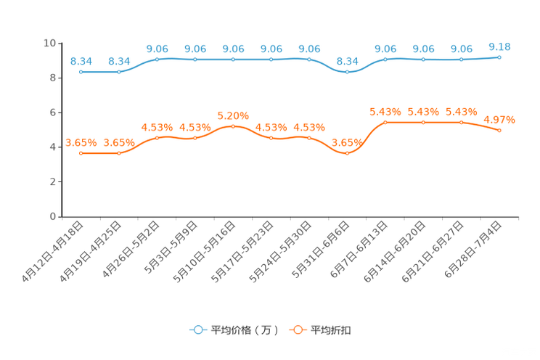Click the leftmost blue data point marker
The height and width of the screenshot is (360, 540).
(x=81, y=72)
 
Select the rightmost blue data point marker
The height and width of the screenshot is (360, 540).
(x=499, y=57)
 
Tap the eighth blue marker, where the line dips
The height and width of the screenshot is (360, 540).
(x=347, y=72)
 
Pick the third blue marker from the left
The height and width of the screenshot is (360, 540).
(x=157, y=59)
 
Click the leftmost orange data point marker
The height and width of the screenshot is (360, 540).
(x=81, y=153)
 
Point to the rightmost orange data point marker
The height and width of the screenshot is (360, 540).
(x=499, y=130)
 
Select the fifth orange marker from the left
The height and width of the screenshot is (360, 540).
(x=233, y=126)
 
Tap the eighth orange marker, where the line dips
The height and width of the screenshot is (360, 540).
(x=347, y=153)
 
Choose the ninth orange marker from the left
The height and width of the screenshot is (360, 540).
(x=385, y=122)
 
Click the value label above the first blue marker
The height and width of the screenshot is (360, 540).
(x=81, y=61)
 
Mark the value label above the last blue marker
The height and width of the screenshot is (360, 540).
(x=499, y=46)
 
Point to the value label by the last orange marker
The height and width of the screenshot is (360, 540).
(x=500, y=119)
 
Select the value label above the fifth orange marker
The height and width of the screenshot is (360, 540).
(x=233, y=115)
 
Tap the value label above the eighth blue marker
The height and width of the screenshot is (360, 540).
(x=347, y=61)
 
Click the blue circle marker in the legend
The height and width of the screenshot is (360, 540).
(x=197, y=330)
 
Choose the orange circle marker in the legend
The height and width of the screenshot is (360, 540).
(x=298, y=330)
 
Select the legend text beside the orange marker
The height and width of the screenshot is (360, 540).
(x=332, y=330)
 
